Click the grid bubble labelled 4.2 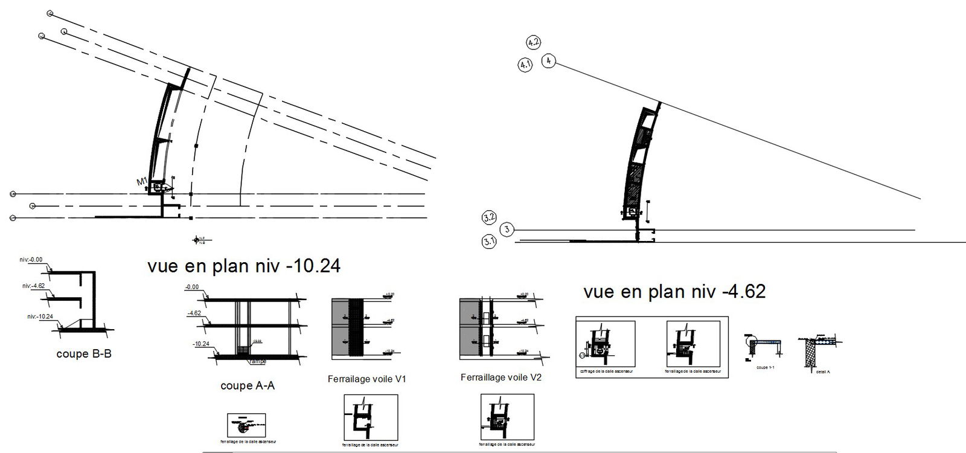pos(533,42)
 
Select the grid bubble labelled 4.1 pos(525,65)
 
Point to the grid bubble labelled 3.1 pos(489,242)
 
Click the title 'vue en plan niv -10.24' pos(243,266)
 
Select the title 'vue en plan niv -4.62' pos(674,292)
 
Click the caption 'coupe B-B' pos(84,355)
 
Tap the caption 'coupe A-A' pos(248,385)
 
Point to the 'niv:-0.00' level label pos(31,260)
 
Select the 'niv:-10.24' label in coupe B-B pos(42,316)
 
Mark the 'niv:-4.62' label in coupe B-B pos(34,286)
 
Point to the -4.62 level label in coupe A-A pos(194,313)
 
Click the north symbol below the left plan pos(196,240)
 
